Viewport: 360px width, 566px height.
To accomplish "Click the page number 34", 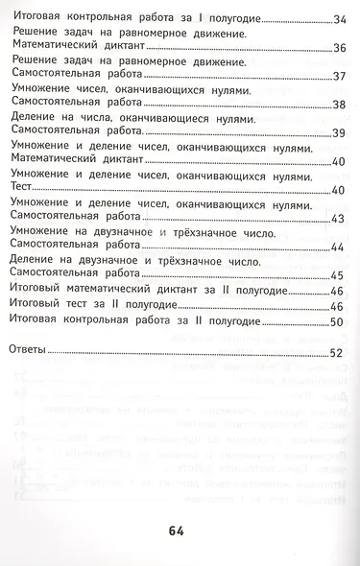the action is [338, 19].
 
